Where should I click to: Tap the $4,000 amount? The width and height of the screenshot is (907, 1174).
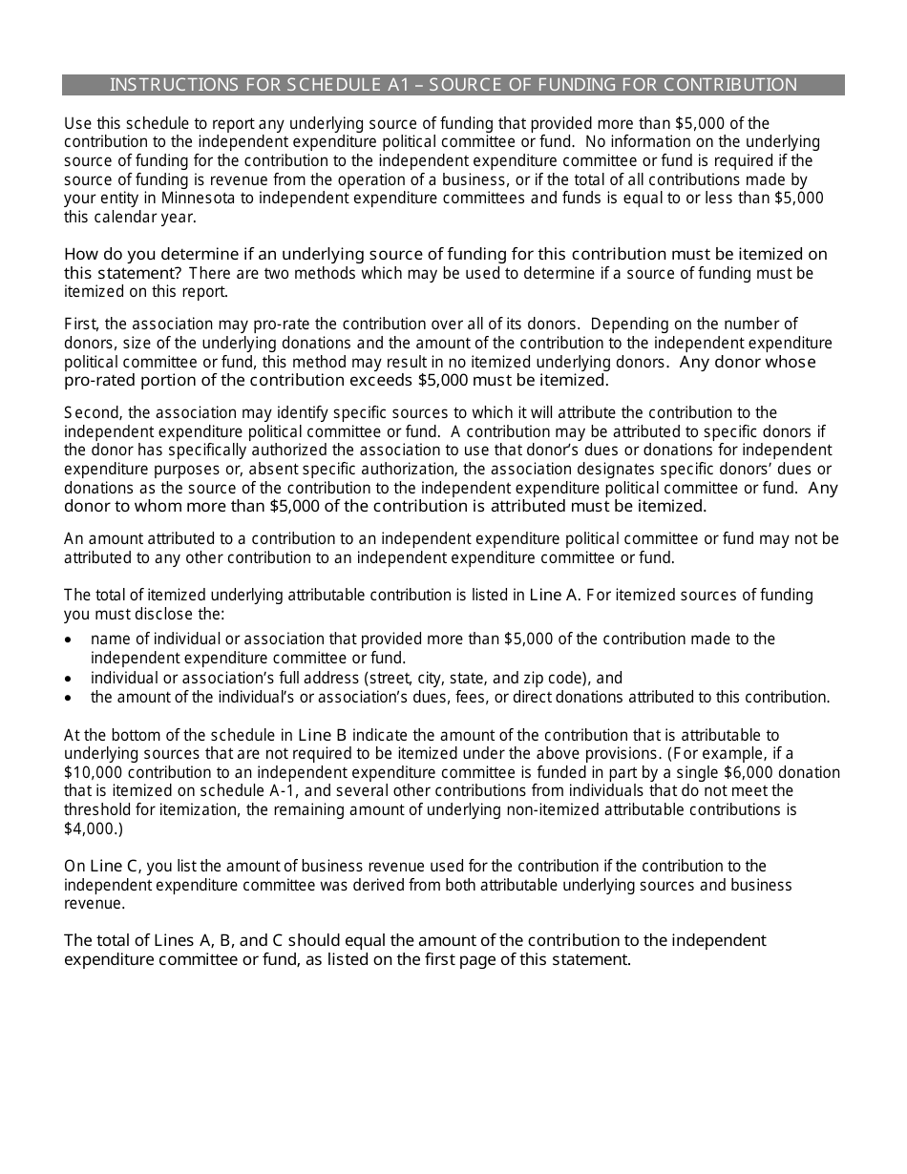(x=90, y=828)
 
